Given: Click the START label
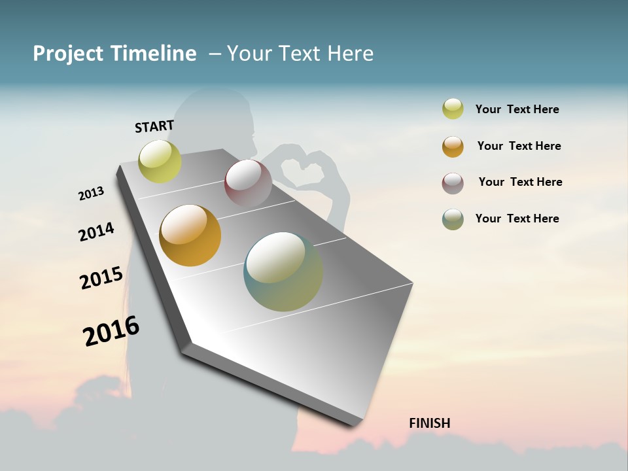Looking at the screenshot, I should (154, 126).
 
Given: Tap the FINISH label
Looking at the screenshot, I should (429, 423).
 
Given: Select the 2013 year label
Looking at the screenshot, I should (91, 193).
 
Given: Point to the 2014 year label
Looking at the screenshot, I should (96, 232).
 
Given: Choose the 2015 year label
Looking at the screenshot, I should (101, 278).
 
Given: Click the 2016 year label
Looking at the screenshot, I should (111, 331).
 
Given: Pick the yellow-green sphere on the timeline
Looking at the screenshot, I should (160, 162).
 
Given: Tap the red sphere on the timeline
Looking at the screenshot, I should (248, 183).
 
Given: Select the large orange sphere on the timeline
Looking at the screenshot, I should (190, 235).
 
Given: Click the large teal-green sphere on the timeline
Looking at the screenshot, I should (283, 271).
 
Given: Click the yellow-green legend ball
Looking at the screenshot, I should (453, 109).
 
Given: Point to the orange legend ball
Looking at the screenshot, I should (453, 147).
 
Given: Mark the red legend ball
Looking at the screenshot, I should (453, 183).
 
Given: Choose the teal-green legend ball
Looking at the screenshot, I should (453, 219).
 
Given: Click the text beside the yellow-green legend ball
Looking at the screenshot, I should (517, 109).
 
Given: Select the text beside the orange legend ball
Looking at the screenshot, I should (519, 146).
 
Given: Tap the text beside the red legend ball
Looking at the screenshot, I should (520, 182).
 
